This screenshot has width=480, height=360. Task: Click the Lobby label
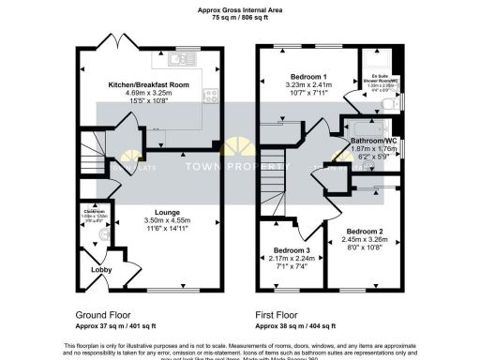pos(99,270)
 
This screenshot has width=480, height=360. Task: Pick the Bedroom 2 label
pos(366,230)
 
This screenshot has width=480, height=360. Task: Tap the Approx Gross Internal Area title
pos(240,9)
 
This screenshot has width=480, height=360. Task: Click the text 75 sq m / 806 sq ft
pos(240,18)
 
